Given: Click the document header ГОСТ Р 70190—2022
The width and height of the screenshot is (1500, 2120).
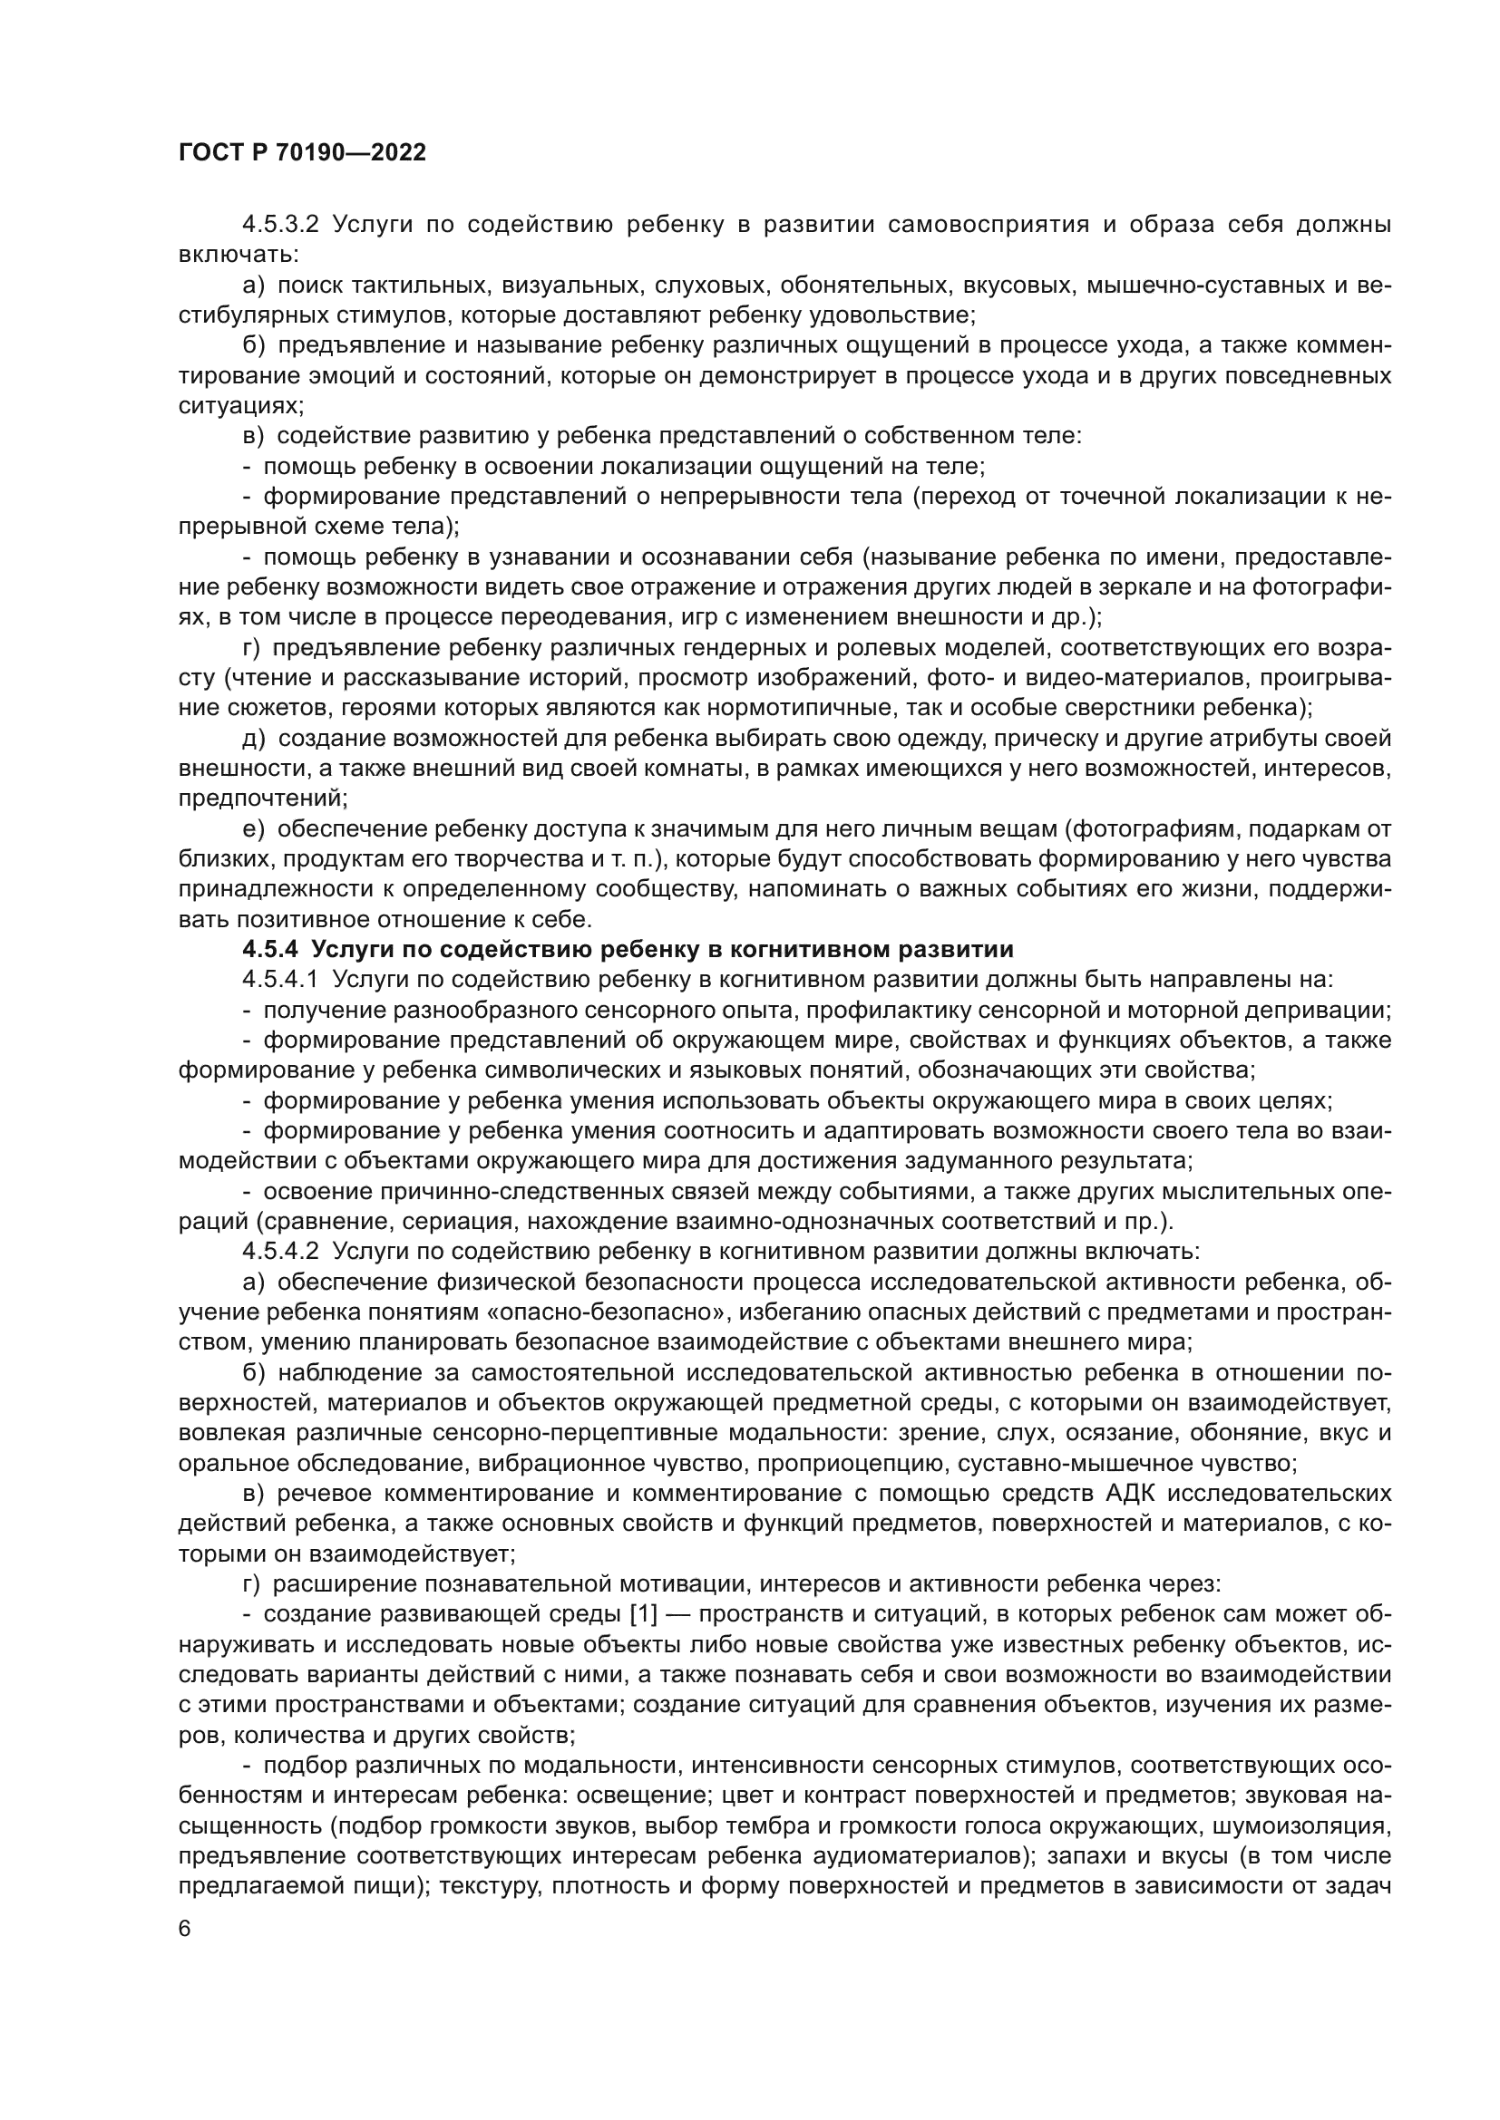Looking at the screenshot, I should pyautogui.click(x=302, y=153).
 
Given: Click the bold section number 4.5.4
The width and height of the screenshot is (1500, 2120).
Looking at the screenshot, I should pyautogui.click(x=270, y=949).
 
